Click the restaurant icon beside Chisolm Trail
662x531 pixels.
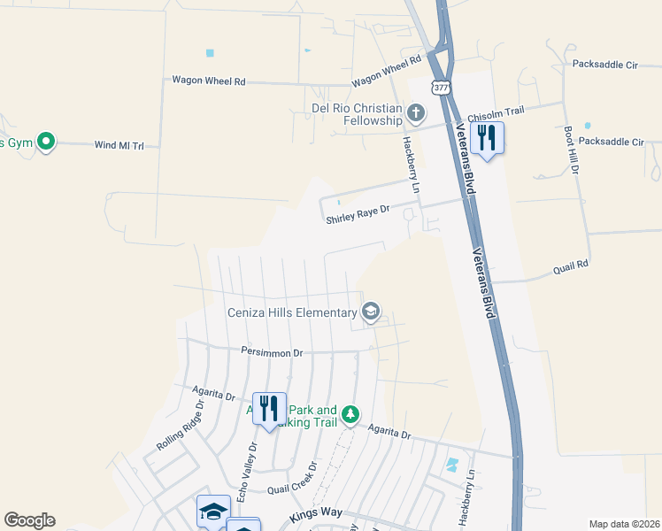(486, 138)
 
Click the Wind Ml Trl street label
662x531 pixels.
(119, 144)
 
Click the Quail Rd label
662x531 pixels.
(571, 265)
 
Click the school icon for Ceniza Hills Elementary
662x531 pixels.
(371, 311)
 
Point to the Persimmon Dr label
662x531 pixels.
(272, 352)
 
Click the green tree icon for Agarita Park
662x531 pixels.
(350, 414)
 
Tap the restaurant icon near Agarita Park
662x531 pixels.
(269, 409)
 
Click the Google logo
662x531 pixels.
(29, 520)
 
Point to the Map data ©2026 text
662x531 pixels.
(623, 524)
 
